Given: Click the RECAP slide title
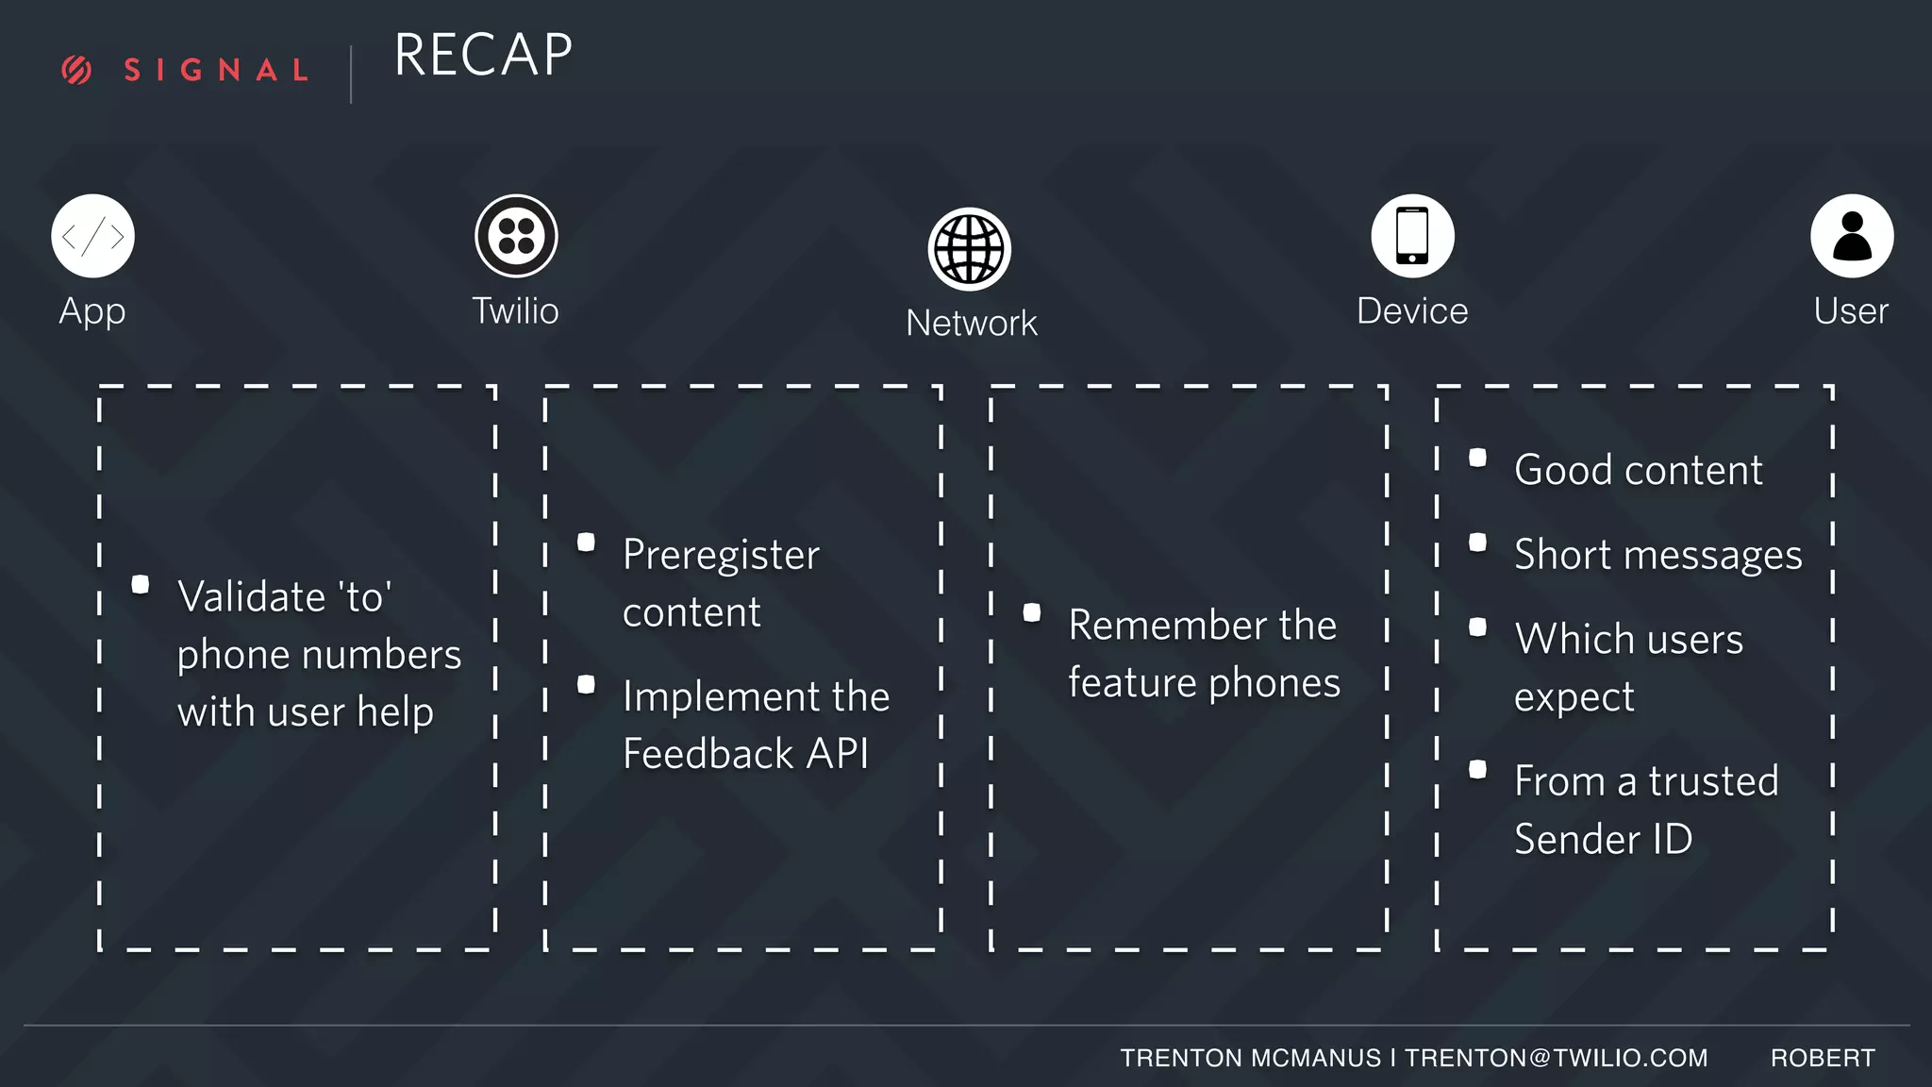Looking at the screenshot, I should (x=483, y=55).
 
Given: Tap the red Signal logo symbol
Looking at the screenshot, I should (x=76, y=70).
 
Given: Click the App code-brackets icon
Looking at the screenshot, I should (x=92, y=236).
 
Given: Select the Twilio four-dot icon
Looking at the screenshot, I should (x=516, y=236).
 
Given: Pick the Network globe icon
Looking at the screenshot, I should (x=970, y=249).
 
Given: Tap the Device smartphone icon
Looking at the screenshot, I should (x=1412, y=236).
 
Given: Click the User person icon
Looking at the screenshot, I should (x=1852, y=236).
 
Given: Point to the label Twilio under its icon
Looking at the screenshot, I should (x=515, y=311).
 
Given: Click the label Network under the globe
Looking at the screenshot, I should (x=972, y=324).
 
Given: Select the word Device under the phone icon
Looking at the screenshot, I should (x=1412, y=311).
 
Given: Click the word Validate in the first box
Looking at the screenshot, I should (x=252, y=597).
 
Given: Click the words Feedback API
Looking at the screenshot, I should (x=745, y=754).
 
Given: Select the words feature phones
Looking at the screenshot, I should (x=1205, y=683).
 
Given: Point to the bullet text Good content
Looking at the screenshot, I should (x=1639, y=470).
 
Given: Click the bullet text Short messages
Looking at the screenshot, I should (x=1658, y=555).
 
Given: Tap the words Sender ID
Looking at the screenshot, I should (x=1604, y=839).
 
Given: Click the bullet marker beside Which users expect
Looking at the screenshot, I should (x=1478, y=627).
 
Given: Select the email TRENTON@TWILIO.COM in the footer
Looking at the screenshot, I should (x=1557, y=1058).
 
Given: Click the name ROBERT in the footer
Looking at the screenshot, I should (x=1823, y=1058).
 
